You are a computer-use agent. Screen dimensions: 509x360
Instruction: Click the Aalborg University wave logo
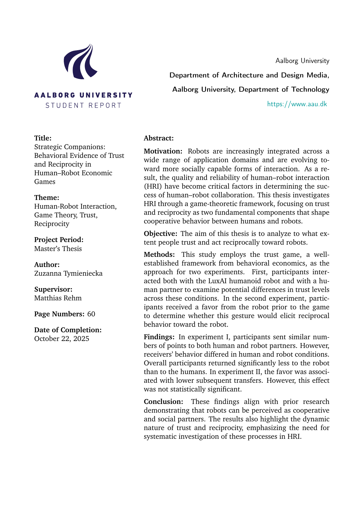[80, 62]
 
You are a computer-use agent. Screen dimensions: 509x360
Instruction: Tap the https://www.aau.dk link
[297, 104]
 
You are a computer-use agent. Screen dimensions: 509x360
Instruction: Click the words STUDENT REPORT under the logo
[83, 105]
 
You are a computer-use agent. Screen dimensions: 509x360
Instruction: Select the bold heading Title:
[43, 138]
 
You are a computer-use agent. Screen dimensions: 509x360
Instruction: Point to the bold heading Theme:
[47, 198]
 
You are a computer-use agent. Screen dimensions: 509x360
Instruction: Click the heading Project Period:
[59, 240]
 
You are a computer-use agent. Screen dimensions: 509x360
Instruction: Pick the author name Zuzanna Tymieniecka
[68, 273]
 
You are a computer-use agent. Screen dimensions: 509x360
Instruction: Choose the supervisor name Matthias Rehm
[58, 298]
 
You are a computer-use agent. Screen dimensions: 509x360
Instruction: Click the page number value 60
[91, 314]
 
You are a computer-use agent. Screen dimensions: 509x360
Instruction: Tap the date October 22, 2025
[61, 339]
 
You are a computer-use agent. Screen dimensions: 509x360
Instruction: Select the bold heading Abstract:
[159, 138]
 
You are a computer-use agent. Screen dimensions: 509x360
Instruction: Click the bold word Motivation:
[163, 151]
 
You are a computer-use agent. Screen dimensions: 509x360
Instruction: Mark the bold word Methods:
[159, 255]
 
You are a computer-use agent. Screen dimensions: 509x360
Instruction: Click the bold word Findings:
[159, 337]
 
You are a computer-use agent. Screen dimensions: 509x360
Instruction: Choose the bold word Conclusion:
[164, 402]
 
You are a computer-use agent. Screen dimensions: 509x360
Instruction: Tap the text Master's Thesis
[58, 249]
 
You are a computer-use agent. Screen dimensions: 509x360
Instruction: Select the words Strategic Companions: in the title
[70, 147]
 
